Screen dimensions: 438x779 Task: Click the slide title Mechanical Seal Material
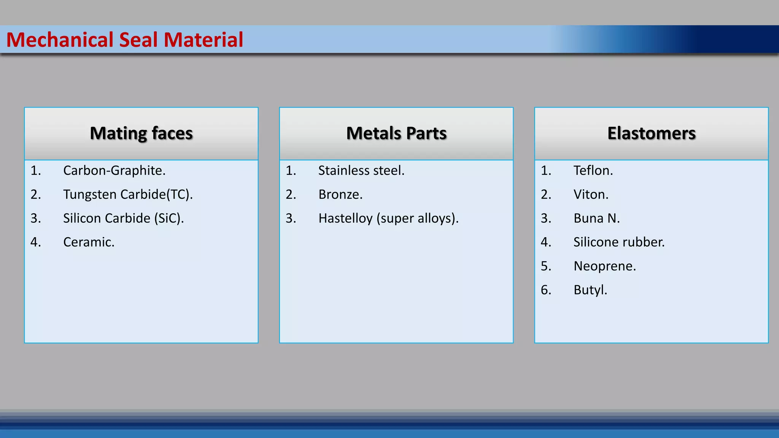[124, 40]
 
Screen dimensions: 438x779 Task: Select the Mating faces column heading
[141, 133]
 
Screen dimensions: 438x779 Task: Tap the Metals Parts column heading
[396, 133]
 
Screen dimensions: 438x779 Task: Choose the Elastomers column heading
[651, 133]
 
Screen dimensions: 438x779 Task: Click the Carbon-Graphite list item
[114, 171]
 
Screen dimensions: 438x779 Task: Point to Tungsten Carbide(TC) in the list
[128, 195]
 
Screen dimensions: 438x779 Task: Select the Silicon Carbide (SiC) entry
[123, 219]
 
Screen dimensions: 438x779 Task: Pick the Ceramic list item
[89, 242]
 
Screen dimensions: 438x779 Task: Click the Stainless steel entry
[361, 171]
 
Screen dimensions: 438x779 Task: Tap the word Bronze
[340, 195]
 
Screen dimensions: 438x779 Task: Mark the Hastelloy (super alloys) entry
[388, 219]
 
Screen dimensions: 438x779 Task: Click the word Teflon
[593, 171]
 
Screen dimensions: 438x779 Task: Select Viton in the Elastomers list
[591, 195]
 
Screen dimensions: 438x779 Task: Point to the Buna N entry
[596, 219]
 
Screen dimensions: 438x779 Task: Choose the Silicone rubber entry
[619, 242]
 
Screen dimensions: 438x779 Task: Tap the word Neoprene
[604, 266]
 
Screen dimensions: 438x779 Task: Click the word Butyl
[590, 290]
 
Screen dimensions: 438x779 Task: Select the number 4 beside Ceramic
[35, 242]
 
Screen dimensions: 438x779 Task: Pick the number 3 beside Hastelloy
[290, 219]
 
